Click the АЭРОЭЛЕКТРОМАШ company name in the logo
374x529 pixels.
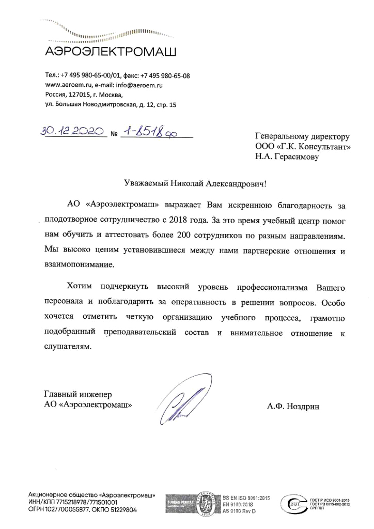point(111,52)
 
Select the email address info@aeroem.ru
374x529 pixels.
point(142,85)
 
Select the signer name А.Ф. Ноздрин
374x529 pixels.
point(293,406)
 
